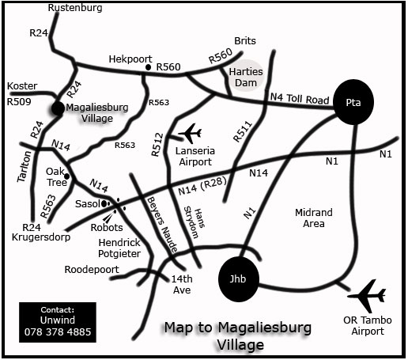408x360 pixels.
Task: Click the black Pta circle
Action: coord(353,101)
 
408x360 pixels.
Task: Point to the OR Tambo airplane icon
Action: coord(368,297)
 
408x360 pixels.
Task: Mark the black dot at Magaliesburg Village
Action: coord(58,108)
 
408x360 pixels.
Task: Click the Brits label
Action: coord(246,41)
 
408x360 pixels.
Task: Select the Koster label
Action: coord(22,85)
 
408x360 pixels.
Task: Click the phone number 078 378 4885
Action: coord(58,332)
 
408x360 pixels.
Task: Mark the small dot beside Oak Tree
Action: coord(68,176)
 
